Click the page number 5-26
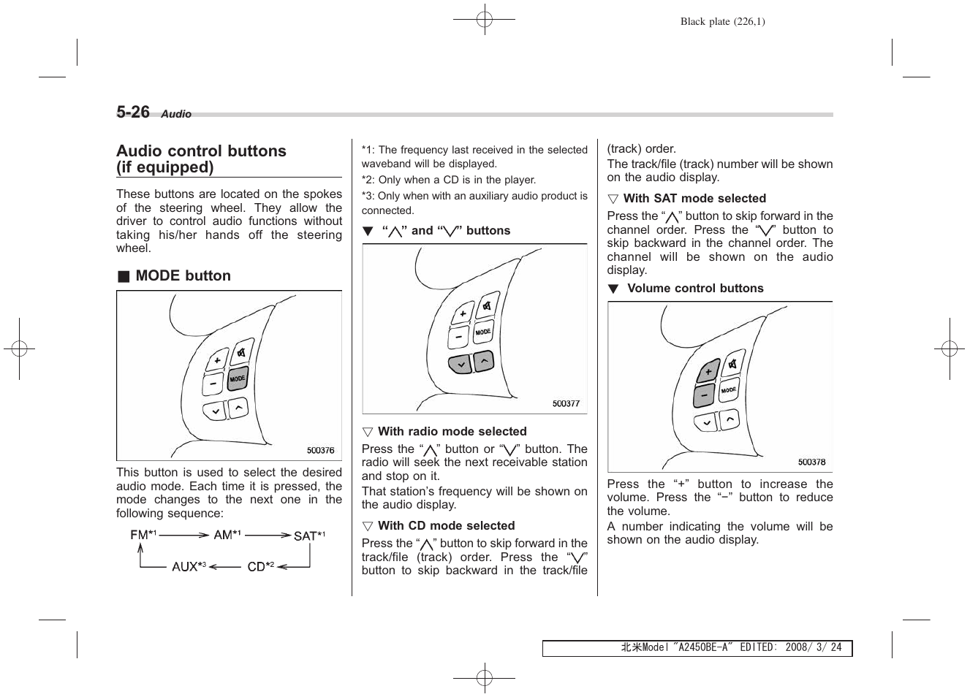point(132,112)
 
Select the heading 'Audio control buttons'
point(201,151)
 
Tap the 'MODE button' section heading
point(183,275)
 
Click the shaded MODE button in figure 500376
point(238,379)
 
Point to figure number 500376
point(320,451)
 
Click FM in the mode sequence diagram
point(140,535)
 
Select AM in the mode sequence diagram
point(223,535)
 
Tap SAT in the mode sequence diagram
point(305,536)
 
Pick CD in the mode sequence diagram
point(257,566)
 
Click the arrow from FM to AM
point(183,536)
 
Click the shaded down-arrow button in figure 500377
point(460,364)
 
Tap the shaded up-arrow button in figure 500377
point(483,360)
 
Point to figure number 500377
point(566,403)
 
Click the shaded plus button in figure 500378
point(708,372)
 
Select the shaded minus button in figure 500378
point(703,395)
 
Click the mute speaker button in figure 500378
point(732,365)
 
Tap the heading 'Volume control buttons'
point(694,288)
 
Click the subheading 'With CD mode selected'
point(446,525)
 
